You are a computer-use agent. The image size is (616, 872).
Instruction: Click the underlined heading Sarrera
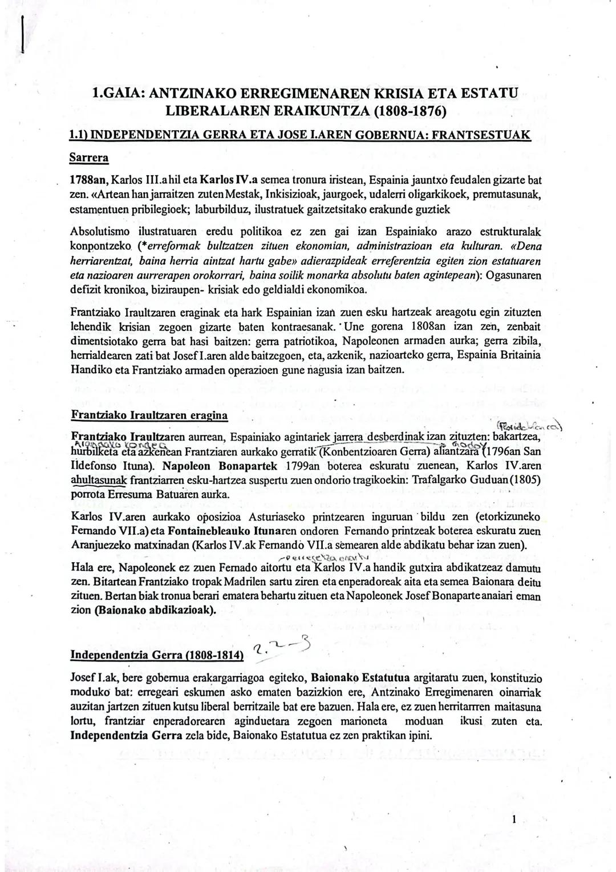[x=88, y=156]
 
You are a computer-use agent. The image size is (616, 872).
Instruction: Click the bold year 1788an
[x=88, y=181]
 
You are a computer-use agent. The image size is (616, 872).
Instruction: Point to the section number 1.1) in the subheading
[x=79, y=135]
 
